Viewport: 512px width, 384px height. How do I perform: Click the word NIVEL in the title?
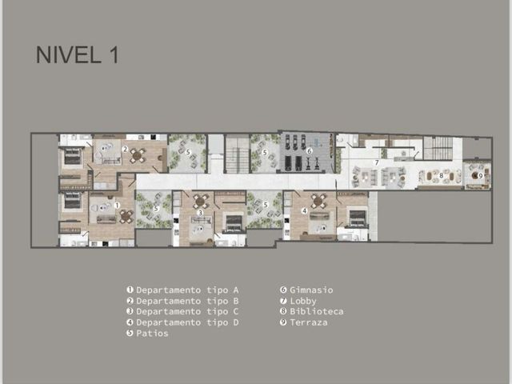point(69,54)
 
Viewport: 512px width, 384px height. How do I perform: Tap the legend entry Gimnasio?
point(311,290)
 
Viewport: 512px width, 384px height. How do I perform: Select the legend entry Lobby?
point(303,301)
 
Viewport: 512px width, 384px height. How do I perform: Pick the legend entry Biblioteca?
point(317,311)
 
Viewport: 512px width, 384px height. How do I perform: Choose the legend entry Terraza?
point(309,322)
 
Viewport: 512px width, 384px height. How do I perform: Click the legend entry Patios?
point(152,334)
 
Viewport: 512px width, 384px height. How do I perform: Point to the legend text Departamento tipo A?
point(187,290)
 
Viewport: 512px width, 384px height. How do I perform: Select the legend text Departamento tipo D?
point(187,322)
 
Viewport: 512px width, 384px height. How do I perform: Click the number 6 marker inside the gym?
point(310,151)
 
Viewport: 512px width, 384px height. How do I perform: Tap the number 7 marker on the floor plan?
point(377,162)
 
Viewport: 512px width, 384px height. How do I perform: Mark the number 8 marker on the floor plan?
point(441,176)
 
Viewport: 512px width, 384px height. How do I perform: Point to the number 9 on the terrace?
point(480,176)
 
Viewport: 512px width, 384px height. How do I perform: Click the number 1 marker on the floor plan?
point(117,206)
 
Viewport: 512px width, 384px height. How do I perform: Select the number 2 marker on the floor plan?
point(125,150)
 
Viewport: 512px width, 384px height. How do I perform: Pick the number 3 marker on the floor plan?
point(200,213)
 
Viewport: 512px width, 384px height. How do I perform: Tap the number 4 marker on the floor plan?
point(304,211)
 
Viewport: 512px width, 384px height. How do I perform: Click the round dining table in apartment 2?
point(138,155)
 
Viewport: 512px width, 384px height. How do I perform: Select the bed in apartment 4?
point(358,218)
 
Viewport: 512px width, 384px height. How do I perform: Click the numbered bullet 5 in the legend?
point(130,333)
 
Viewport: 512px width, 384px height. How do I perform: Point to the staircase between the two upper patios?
point(237,154)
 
